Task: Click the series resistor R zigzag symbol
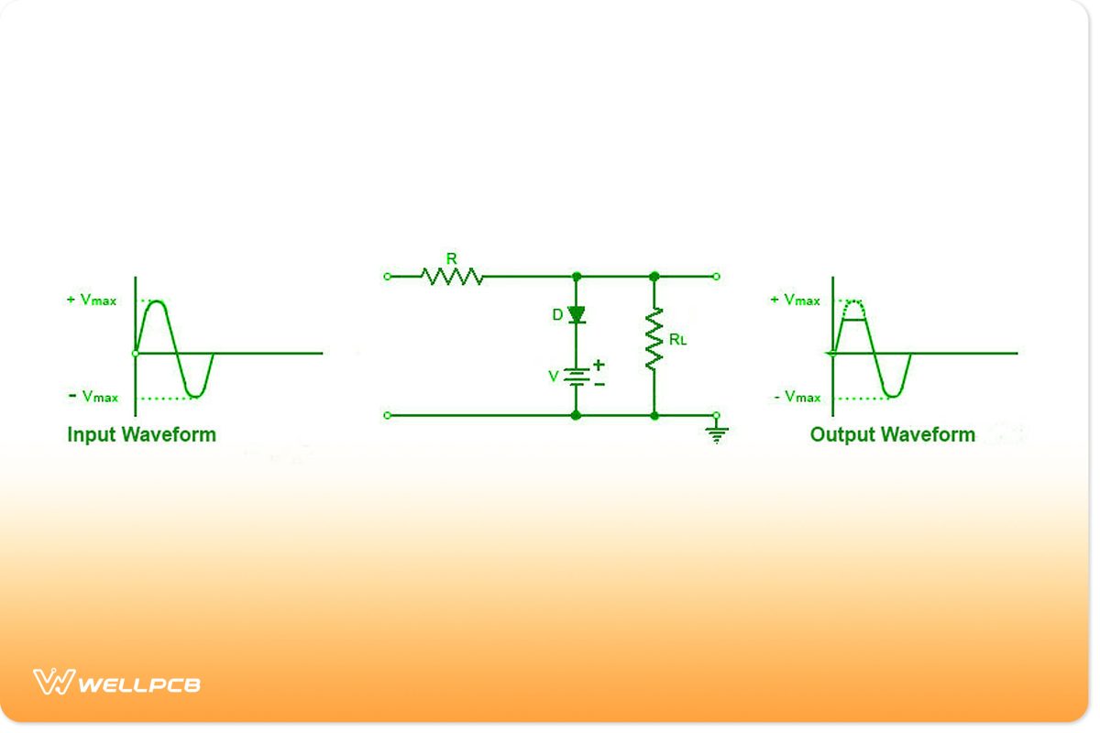click(451, 276)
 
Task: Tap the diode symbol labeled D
click(577, 315)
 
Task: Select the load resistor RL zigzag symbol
click(654, 340)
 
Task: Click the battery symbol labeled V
click(577, 376)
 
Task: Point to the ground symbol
click(717, 434)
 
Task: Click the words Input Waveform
click(141, 434)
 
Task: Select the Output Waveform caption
click(892, 434)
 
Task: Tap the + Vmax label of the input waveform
click(92, 301)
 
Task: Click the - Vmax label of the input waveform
click(93, 397)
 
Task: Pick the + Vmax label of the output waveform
click(795, 301)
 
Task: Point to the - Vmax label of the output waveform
click(796, 397)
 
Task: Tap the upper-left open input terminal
click(387, 276)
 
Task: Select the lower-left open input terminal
click(387, 415)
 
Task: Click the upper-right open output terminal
click(716, 276)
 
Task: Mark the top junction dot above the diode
click(577, 276)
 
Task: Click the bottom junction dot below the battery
click(577, 415)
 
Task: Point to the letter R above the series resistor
click(451, 259)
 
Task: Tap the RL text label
click(677, 340)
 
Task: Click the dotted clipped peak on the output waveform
click(853, 302)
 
